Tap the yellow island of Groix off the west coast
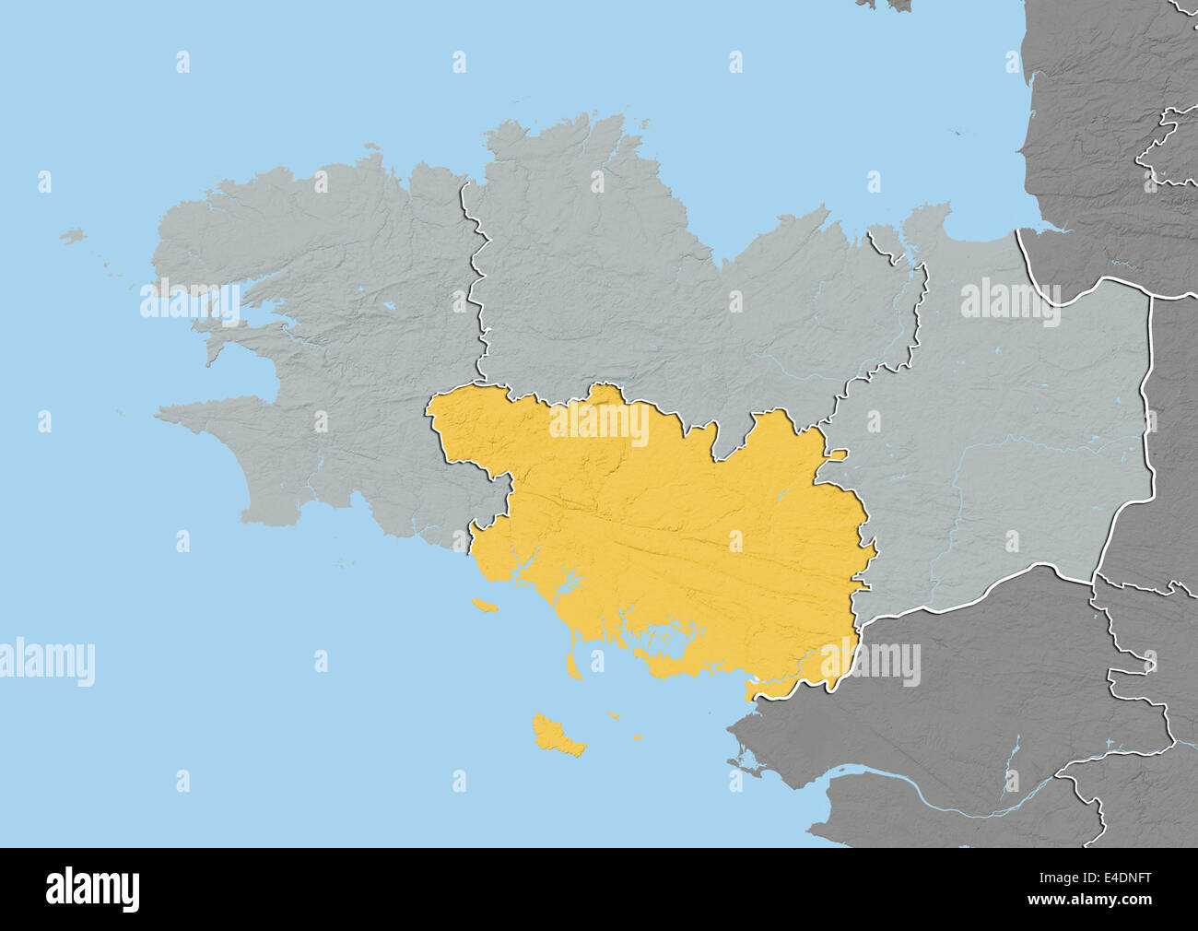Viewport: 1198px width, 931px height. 483,606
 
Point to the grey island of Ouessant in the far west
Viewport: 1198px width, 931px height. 73,237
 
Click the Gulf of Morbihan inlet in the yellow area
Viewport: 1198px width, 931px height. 668,637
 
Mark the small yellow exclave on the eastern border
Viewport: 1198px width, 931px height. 836,454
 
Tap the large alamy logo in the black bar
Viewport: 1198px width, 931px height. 93,890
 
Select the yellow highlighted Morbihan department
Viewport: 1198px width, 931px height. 664,535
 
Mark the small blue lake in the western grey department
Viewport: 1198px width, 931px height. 390,303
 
